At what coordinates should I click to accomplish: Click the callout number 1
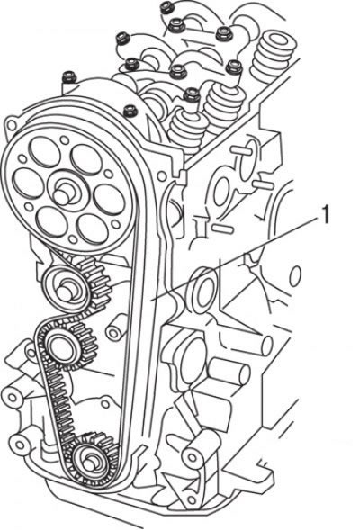[325, 215]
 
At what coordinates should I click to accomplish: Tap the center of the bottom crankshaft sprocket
[90, 461]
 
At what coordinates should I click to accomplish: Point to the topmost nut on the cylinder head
[166, 7]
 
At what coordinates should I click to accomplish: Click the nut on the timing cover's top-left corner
[69, 76]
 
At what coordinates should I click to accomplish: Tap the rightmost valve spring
[273, 56]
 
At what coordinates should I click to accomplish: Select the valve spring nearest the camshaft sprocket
[187, 128]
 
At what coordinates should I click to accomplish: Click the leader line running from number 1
[236, 257]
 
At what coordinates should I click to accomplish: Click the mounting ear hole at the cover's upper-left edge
[11, 125]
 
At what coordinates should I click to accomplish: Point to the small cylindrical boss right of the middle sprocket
[116, 329]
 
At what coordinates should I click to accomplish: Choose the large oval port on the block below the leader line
[202, 290]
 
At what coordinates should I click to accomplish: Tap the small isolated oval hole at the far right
[295, 274]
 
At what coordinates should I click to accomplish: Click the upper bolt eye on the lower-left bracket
[11, 397]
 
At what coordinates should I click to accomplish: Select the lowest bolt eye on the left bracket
[18, 444]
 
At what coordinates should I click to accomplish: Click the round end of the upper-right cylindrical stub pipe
[266, 346]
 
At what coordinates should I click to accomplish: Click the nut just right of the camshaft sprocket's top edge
[130, 111]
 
